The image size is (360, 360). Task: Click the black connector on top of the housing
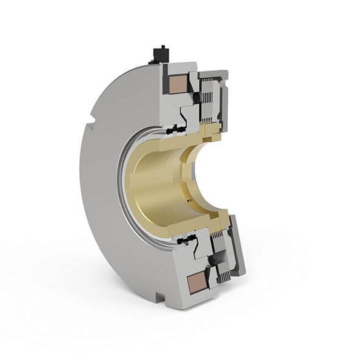161,53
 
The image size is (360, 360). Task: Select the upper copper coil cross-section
179,83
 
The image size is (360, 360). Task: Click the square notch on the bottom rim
159,296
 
